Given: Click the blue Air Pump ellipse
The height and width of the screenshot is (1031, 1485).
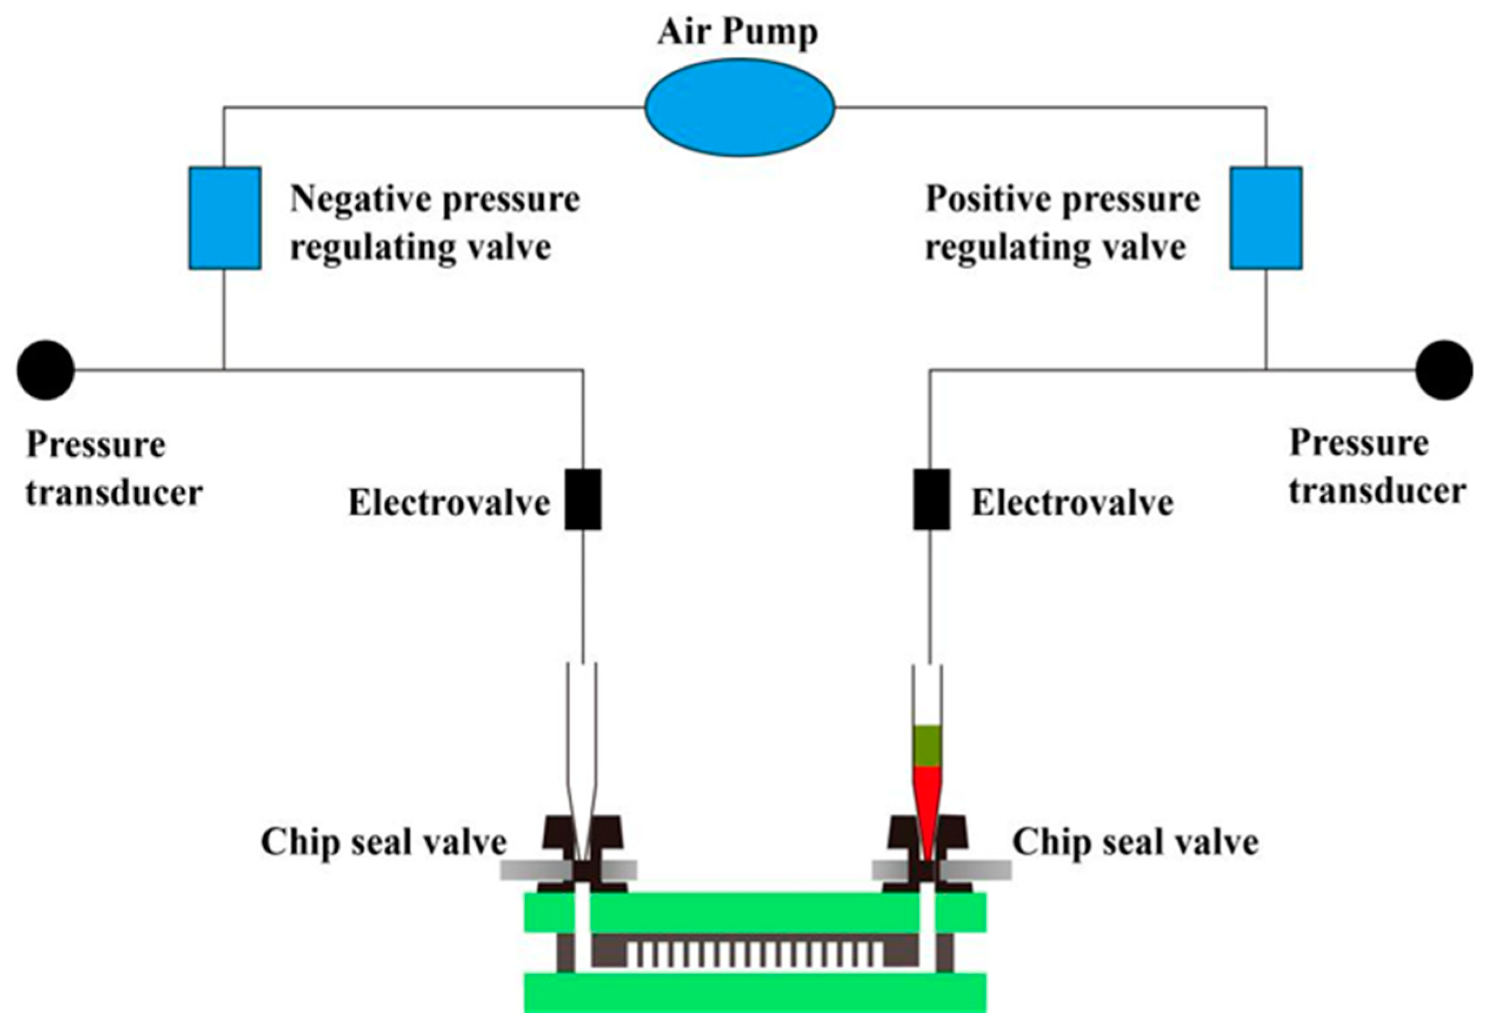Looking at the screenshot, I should coord(739,107).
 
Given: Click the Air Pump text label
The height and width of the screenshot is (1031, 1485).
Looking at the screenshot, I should coord(738,32).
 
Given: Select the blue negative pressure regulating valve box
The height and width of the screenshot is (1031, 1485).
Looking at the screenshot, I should coord(224,217).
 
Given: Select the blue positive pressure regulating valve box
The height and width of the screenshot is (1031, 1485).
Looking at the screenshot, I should coord(1265,217).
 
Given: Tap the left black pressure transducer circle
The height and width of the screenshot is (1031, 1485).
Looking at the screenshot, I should coord(45,370).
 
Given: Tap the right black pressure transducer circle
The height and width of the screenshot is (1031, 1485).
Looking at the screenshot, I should coord(1444,370).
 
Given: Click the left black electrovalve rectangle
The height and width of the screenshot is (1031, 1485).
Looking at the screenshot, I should coord(583,500).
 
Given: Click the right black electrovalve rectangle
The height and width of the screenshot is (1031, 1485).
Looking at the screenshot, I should coord(931,500).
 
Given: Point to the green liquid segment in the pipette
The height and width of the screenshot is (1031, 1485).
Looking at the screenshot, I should coord(927,746).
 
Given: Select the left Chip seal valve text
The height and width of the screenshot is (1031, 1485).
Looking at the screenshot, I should coord(383,842).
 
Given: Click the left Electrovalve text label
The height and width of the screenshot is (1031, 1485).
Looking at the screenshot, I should coord(449,503).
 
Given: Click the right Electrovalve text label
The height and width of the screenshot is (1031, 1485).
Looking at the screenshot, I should coord(1072,503).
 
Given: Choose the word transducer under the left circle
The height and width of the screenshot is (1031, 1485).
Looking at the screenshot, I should coord(114,493).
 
